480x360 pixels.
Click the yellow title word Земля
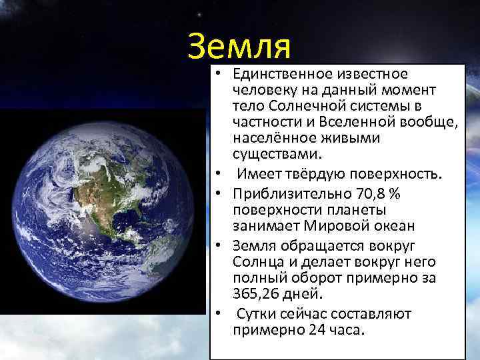(x=239, y=45)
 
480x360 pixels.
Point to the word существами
(x=277, y=154)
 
